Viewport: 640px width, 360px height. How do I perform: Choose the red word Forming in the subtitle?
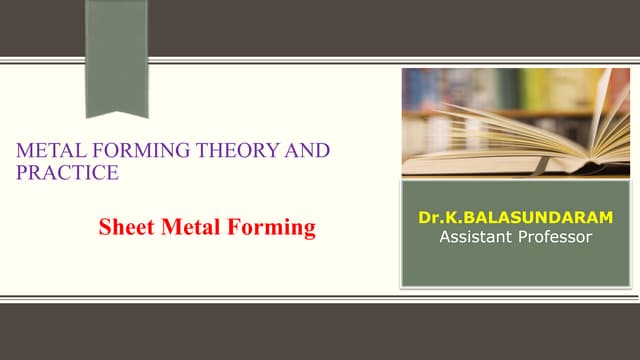pos(269,228)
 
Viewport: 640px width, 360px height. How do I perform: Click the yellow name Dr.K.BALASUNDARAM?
pos(516,218)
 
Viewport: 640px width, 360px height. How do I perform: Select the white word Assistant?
pos(476,237)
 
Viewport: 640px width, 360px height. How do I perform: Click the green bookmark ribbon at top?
pos(116,50)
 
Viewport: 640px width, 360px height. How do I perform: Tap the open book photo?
pos(516,122)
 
